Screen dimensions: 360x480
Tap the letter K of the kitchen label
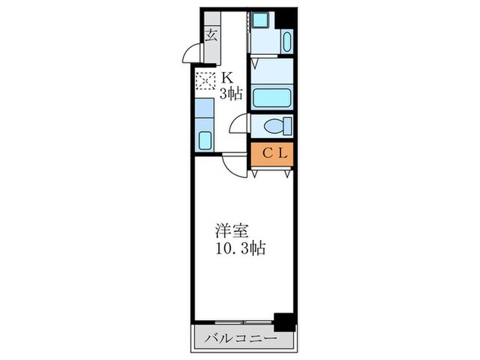point(226,77)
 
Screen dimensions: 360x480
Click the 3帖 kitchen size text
point(231,94)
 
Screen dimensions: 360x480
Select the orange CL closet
point(272,154)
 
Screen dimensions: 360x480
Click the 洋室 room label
point(227,230)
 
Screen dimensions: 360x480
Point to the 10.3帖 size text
point(239,247)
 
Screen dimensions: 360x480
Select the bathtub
point(272,95)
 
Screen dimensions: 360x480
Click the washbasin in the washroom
point(287,42)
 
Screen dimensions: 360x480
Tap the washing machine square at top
point(261,21)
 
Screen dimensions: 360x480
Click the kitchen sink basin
point(205,140)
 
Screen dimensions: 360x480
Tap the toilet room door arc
point(239,123)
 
